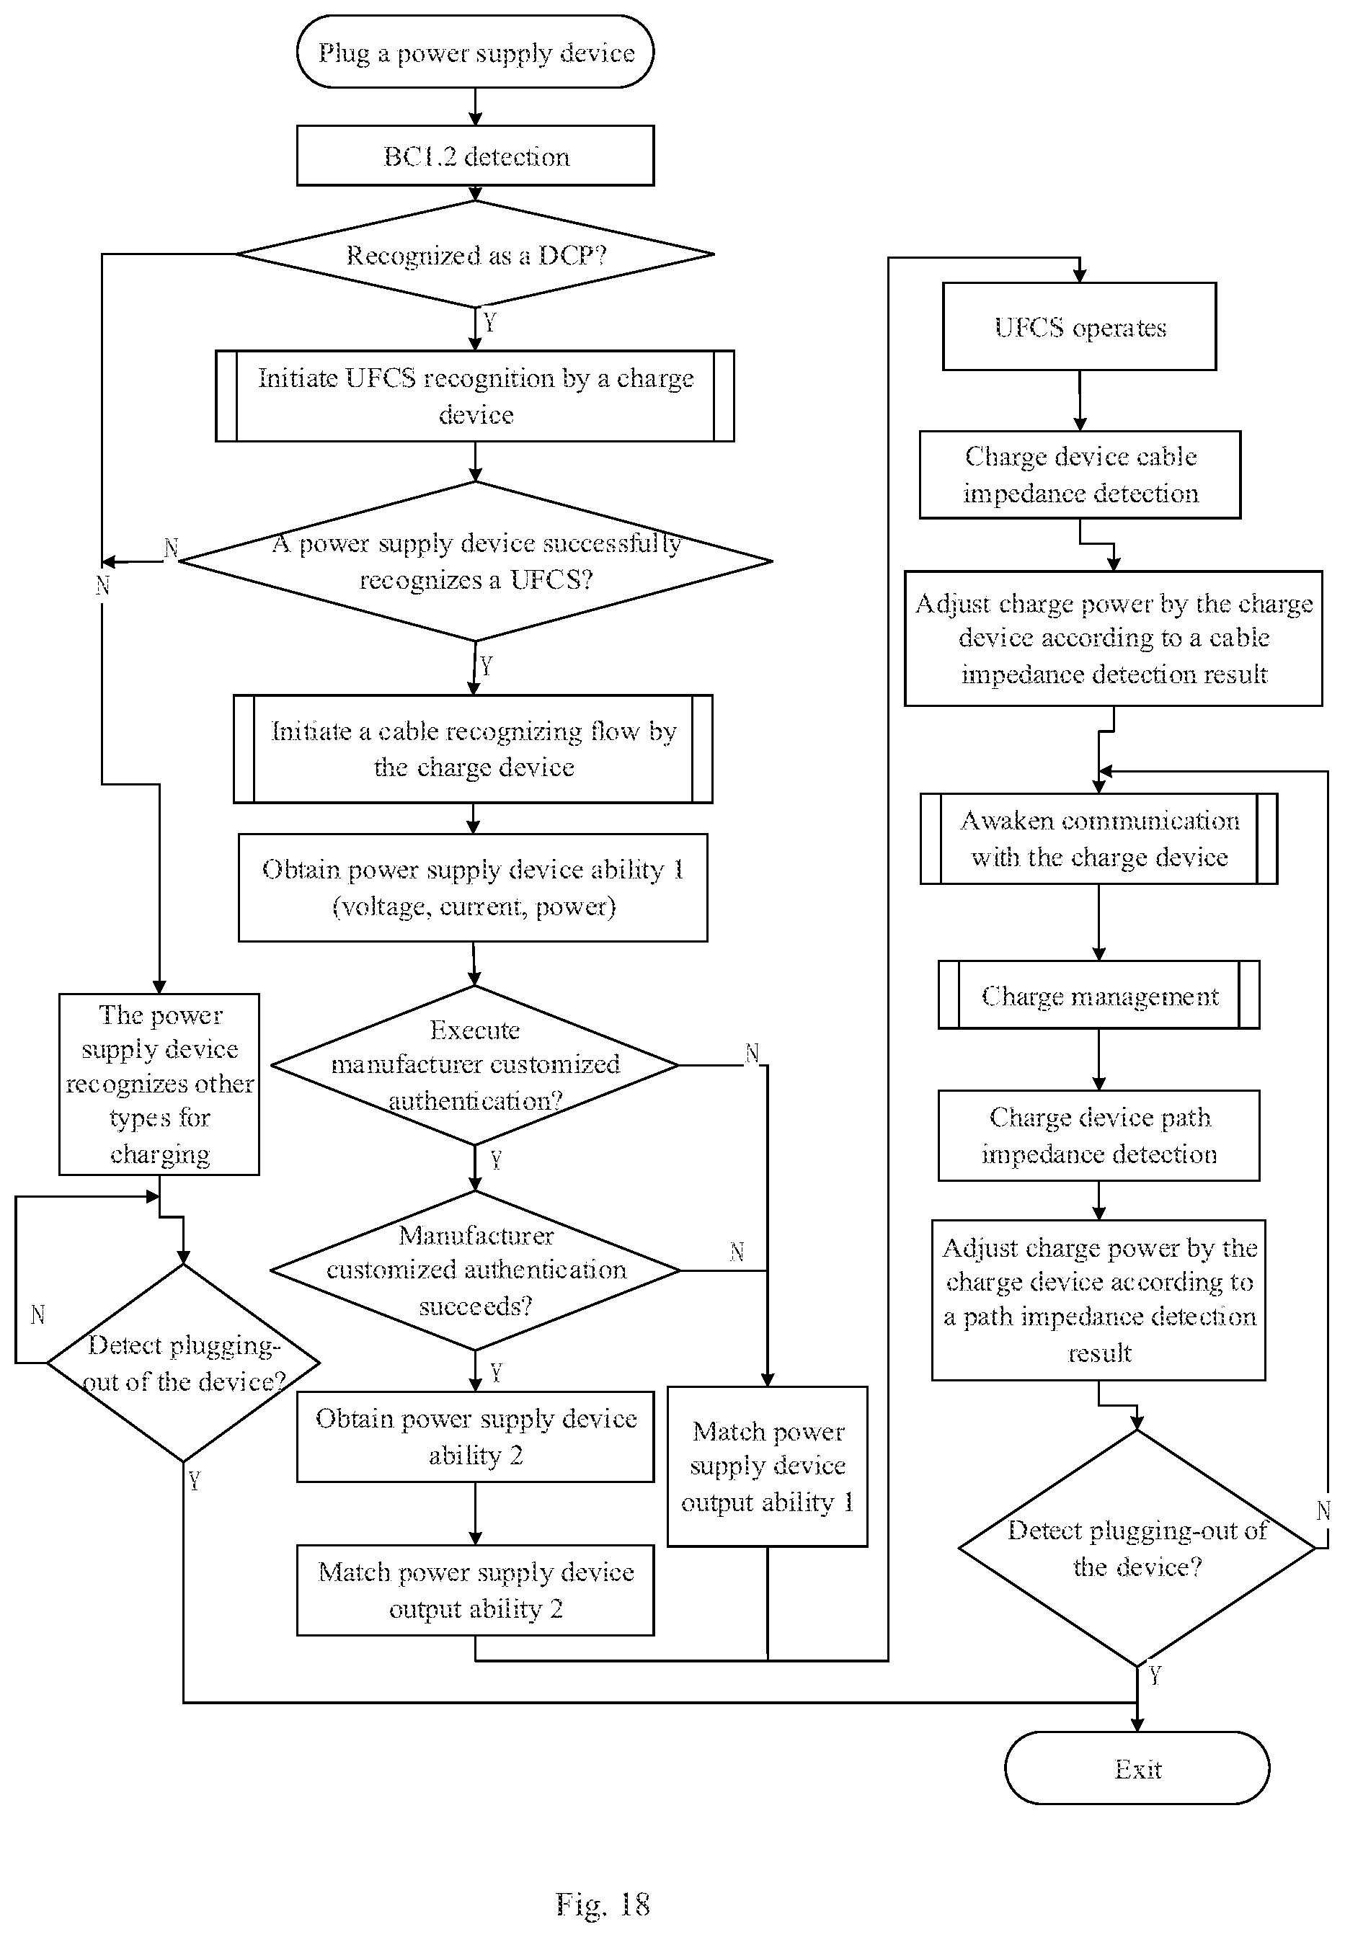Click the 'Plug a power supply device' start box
pos(475,51)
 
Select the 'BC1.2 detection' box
pos(475,156)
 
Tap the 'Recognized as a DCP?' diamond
pos(475,254)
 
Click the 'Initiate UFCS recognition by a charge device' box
pos(475,396)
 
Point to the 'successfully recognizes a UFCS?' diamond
pos(475,561)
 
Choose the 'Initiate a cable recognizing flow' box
pos(473,749)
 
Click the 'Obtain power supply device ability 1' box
pos(473,887)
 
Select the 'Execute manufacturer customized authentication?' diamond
pos(475,1065)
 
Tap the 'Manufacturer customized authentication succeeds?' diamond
pos(475,1270)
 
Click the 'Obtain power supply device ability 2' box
pos(475,1436)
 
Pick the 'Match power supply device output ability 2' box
pos(475,1590)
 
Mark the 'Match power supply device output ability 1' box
pos(768,1466)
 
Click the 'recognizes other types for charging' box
pos(159,1085)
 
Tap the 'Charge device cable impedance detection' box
pos(1080,474)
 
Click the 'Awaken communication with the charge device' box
pos(1099,838)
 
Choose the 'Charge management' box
pos(1099,995)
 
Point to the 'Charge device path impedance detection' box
pos(1099,1136)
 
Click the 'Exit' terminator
pos(1137,1768)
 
